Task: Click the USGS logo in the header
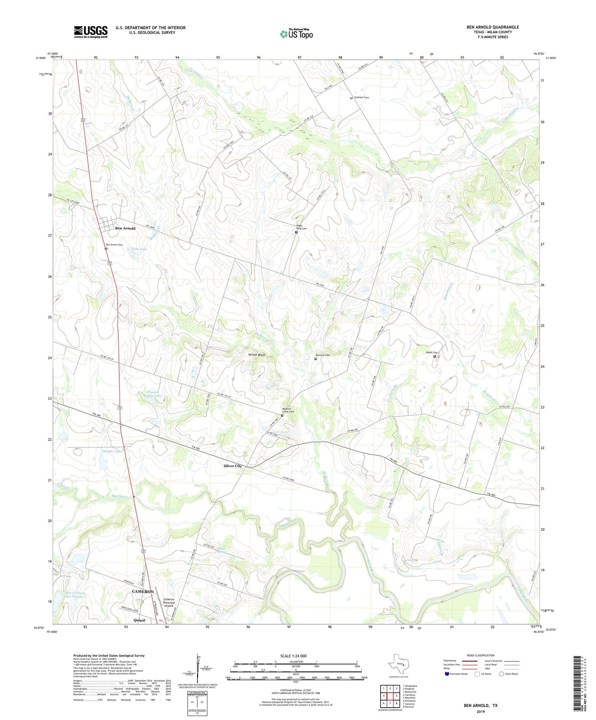click(x=91, y=32)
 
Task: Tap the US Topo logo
click(x=296, y=34)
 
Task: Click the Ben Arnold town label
click(x=125, y=228)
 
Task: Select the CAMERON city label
click(x=143, y=591)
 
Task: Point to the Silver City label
click(x=233, y=466)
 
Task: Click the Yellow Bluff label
click(x=256, y=355)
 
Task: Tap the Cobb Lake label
click(x=139, y=249)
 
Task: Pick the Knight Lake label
click(x=113, y=452)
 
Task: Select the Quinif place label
click(x=139, y=620)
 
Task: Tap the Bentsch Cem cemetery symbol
click(x=316, y=359)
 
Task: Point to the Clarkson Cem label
click(x=361, y=97)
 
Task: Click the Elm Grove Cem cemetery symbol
click(x=106, y=249)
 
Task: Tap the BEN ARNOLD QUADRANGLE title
click(x=492, y=27)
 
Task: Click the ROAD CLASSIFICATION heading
click(x=481, y=655)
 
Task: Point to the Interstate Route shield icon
click(x=447, y=674)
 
